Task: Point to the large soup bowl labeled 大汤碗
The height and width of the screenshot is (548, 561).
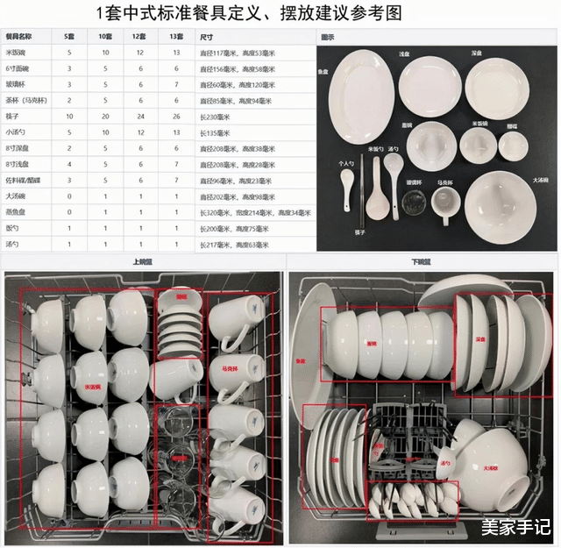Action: (x=500, y=206)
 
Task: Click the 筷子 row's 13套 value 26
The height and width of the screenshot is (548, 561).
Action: (x=176, y=117)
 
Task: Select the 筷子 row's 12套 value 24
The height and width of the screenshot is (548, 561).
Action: (x=139, y=117)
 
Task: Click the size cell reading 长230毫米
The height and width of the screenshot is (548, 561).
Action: (x=215, y=117)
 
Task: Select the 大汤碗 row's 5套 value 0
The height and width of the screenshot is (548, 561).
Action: (x=69, y=196)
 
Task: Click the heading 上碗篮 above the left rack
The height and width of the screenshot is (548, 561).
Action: (x=141, y=261)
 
